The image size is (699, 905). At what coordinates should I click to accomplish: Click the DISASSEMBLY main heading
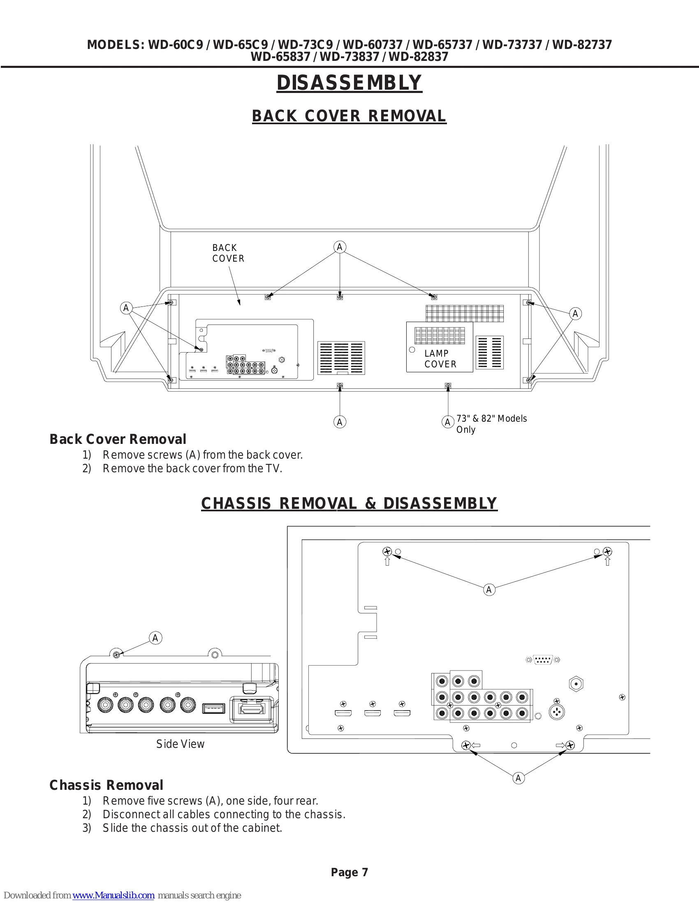coord(349,82)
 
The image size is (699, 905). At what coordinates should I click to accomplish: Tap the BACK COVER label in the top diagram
coord(228,253)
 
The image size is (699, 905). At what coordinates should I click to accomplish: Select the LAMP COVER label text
coord(440,359)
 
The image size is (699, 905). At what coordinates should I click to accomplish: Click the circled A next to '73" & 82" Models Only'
coord(447,422)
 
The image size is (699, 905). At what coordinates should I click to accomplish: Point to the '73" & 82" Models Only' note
coord(491,424)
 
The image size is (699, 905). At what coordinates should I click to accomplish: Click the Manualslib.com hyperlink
coord(113,895)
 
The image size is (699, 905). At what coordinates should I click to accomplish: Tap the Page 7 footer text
coord(349,872)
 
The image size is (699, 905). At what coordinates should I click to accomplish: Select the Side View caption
coord(180,744)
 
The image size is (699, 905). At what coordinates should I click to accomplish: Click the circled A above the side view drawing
coord(155,638)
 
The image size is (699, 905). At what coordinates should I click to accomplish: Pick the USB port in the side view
coord(214,708)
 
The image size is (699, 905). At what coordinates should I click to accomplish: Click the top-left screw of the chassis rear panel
coord(387,552)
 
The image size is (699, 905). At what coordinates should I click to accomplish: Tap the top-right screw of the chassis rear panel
coord(607,552)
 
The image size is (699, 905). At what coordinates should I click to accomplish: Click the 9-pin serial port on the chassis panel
coord(543,660)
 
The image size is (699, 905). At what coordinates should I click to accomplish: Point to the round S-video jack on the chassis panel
coord(557,712)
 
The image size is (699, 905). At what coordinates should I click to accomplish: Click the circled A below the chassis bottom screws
coord(518,778)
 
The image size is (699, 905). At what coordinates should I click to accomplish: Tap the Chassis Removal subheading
coord(106,785)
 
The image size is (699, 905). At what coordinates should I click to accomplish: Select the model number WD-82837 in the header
coord(418,56)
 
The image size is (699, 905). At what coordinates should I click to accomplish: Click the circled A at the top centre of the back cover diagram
coord(340,247)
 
